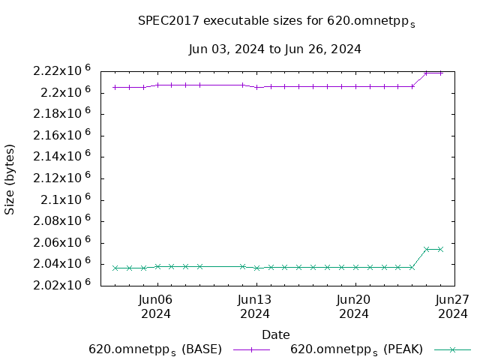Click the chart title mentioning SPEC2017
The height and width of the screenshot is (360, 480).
pos(276,22)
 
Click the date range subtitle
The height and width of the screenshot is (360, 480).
pos(275,49)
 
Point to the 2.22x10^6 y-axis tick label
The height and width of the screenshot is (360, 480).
pos(61,71)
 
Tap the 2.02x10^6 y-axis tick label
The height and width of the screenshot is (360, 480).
pos(61,285)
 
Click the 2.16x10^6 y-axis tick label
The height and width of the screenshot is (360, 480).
pos(61,136)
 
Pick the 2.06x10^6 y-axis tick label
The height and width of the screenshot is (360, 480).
pos(61,242)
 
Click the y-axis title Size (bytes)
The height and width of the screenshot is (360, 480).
pos(10,178)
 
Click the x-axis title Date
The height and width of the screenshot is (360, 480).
pos(275,334)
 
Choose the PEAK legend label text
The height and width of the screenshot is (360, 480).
pos(356,349)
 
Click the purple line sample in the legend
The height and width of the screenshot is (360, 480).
pos(250,349)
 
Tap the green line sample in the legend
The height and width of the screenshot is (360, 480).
pos(451,349)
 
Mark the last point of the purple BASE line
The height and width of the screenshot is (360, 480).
pos(440,73)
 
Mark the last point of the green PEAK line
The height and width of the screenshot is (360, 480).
pos(440,249)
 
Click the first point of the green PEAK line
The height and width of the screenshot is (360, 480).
pos(115,268)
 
